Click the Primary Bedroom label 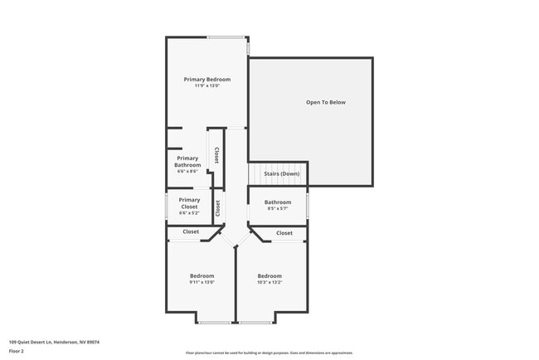pyautogui.click(x=207, y=80)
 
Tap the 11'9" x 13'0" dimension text pyautogui.click(x=207, y=86)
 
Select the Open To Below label pyautogui.click(x=326, y=103)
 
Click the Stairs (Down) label pyautogui.click(x=282, y=174)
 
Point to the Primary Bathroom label pyautogui.click(x=187, y=162)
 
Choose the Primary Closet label pyautogui.click(x=189, y=203)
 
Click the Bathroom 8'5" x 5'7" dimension pyautogui.click(x=278, y=209)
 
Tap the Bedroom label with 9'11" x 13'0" pyautogui.click(x=202, y=276)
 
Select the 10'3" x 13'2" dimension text pyautogui.click(x=269, y=283)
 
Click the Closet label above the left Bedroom pyautogui.click(x=191, y=232)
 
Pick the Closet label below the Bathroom pyautogui.click(x=284, y=233)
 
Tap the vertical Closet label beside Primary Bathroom pyautogui.click(x=216, y=155)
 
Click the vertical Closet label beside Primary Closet pyautogui.click(x=218, y=208)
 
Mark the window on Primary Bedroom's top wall pyautogui.click(x=226, y=37)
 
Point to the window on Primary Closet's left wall pyautogui.click(x=167, y=205)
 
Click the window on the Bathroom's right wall pyautogui.click(x=308, y=204)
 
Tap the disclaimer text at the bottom pyautogui.click(x=269, y=353)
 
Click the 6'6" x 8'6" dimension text pyautogui.click(x=187, y=172)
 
